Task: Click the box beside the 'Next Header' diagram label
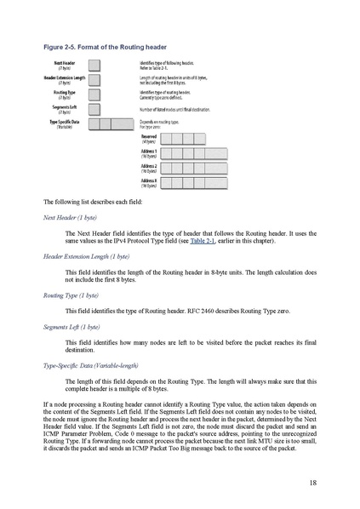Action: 94,65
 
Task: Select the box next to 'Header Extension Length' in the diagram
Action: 94,79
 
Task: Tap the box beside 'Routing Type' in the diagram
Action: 94,94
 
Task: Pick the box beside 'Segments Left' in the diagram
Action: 94,108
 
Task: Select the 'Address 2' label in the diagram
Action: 148,168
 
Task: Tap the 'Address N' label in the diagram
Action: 148,182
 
